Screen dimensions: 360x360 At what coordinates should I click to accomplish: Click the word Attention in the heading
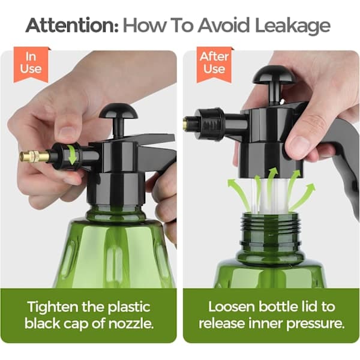click(72, 25)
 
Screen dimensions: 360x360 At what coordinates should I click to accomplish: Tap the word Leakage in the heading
click(292, 26)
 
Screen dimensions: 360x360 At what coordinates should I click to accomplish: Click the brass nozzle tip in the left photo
click(34, 156)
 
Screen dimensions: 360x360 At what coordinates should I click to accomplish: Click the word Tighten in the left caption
click(54, 308)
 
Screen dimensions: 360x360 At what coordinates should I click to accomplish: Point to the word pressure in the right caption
click(316, 325)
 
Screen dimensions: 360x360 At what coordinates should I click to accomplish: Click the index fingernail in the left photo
click(67, 133)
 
